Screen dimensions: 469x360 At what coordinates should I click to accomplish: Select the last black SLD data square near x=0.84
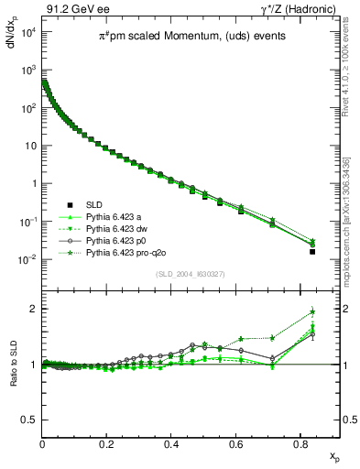pyautogui.click(x=312, y=251)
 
